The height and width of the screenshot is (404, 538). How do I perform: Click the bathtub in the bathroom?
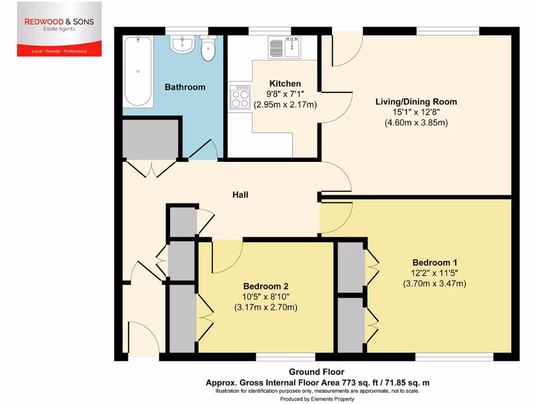(138, 71)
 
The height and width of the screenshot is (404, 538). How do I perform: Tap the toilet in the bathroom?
(209, 48)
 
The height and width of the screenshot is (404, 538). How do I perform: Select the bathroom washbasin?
(181, 45)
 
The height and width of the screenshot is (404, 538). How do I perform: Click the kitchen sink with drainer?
(284, 47)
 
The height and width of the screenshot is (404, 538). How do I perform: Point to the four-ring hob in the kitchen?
(240, 97)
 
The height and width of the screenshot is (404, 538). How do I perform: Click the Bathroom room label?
(185, 87)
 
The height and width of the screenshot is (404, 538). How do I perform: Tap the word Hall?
(240, 195)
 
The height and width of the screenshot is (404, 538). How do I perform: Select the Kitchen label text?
(285, 84)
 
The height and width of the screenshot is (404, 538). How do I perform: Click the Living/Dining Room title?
(416, 102)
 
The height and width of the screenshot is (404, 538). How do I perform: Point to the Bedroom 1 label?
(431, 262)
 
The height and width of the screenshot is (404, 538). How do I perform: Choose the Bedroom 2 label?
(266, 286)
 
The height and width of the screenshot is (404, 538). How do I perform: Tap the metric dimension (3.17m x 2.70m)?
(266, 307)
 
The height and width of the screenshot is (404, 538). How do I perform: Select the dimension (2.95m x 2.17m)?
(285, 105)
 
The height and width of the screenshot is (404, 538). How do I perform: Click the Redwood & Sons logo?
(59, 29)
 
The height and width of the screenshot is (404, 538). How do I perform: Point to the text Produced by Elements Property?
(317, 399)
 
